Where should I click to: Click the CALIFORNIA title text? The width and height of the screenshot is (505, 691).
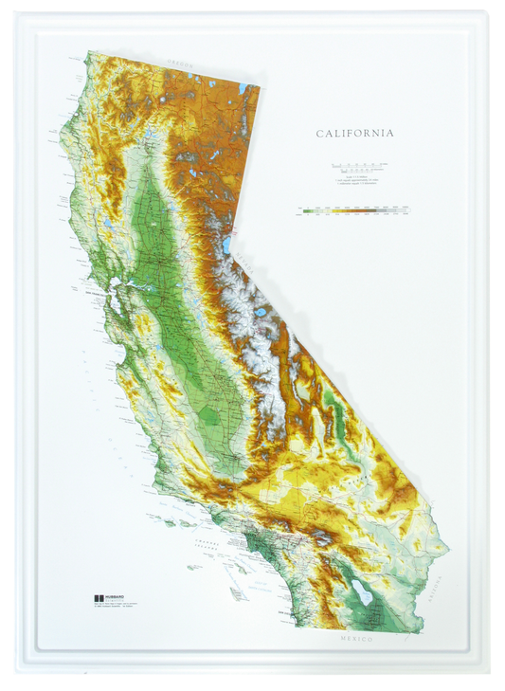[x=354, y=134]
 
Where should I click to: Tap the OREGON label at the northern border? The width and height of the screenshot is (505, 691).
[x=179, y=64]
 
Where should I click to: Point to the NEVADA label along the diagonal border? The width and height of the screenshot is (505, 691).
[x=247, y=257]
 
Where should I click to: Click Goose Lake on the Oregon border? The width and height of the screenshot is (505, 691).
[x=243, y=91]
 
